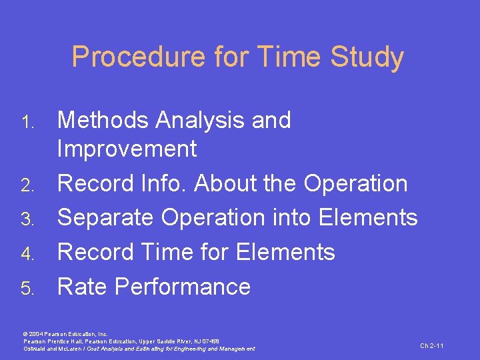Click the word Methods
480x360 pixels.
coord(103,120)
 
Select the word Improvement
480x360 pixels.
coord(127,149)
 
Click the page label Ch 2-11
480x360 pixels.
coord(431,345)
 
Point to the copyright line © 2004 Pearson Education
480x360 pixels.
coord(65,333)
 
